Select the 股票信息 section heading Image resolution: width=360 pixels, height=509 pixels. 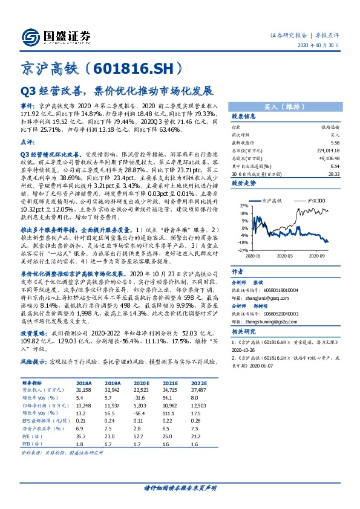click(245, 116)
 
